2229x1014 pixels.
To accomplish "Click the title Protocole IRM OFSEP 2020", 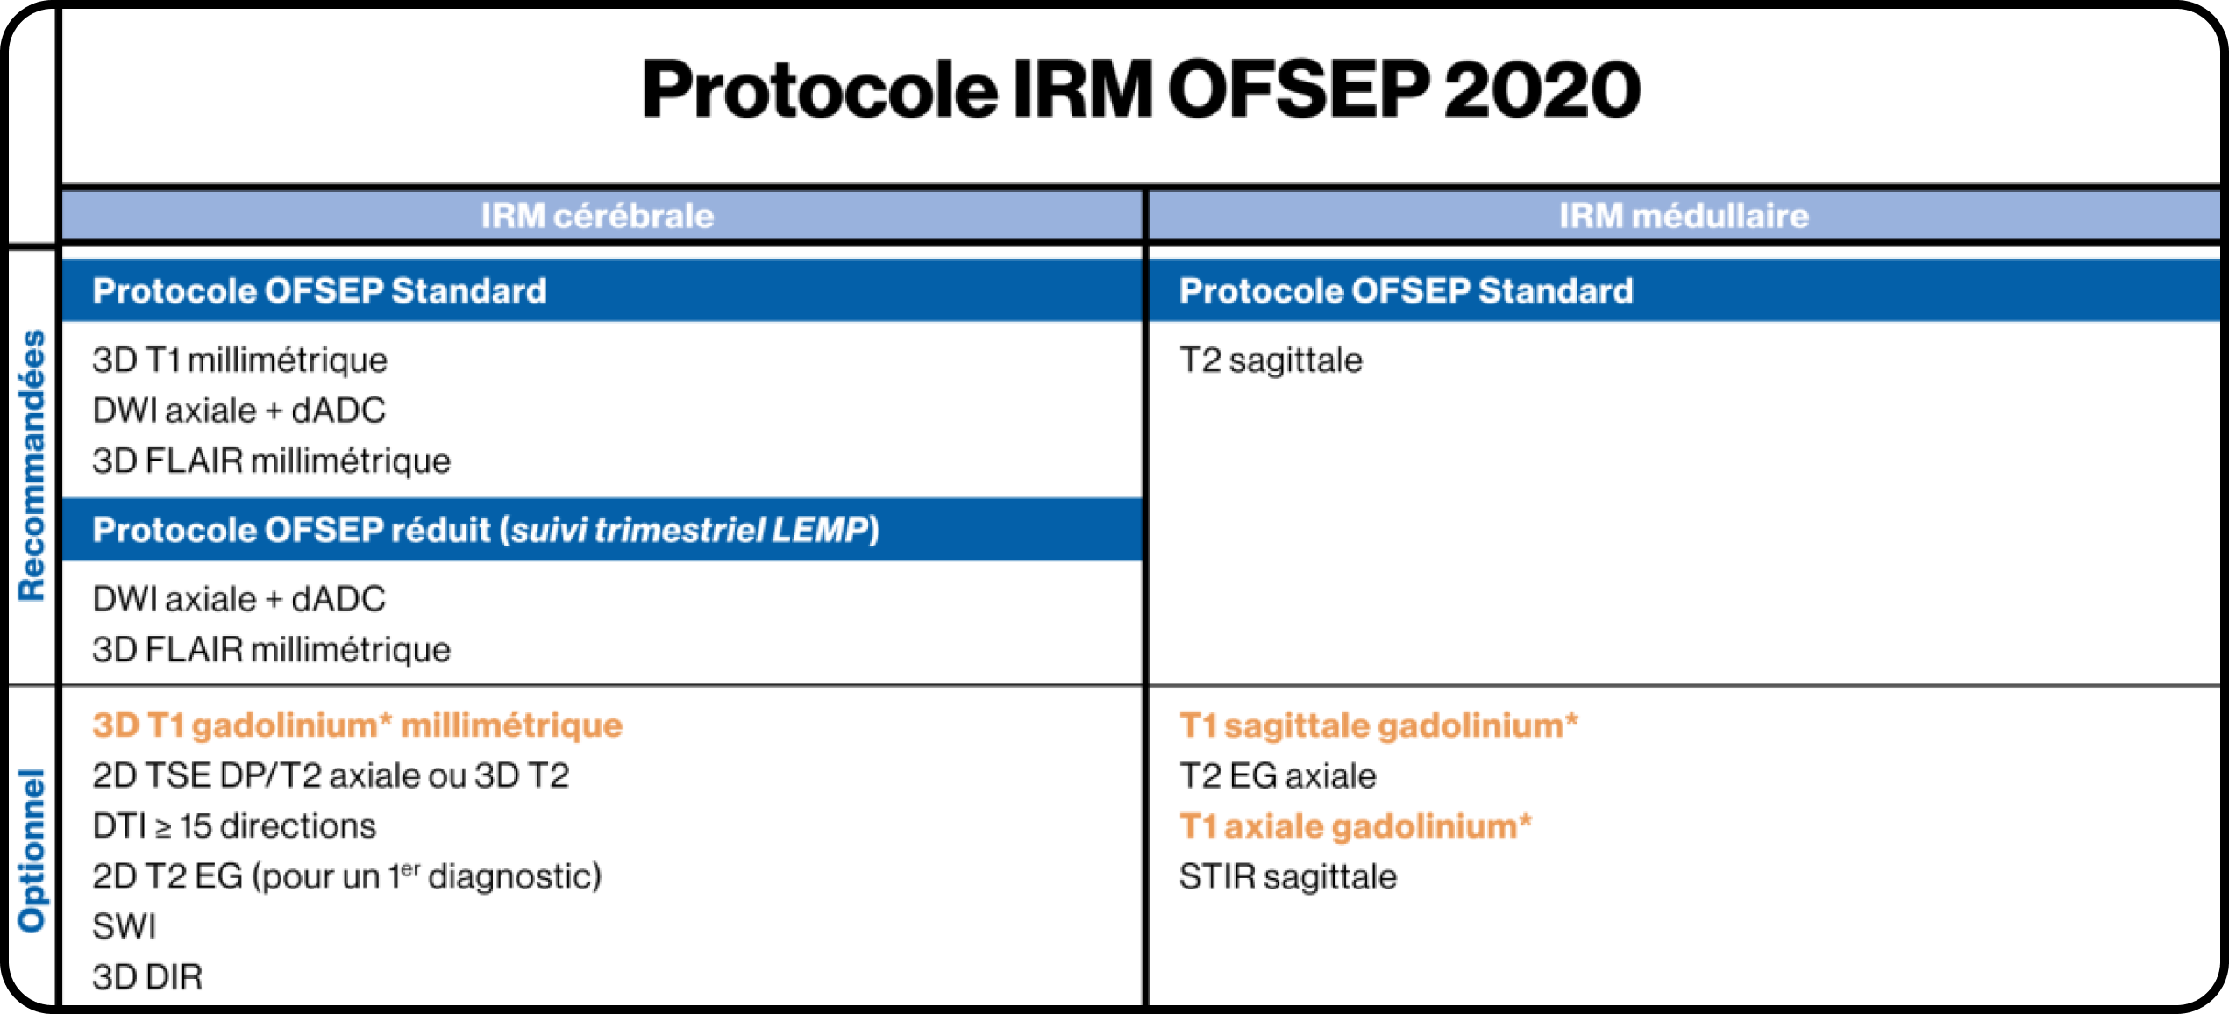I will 1141,90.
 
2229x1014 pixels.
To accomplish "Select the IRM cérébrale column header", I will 597,216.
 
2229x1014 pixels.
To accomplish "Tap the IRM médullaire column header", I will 1683,216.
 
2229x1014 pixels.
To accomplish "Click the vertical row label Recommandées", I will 32,465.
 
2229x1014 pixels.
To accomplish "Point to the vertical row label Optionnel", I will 32,850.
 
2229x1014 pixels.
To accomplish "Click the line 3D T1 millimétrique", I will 239,361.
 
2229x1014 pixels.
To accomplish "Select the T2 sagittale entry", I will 1271,361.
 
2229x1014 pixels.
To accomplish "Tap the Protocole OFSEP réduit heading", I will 485,530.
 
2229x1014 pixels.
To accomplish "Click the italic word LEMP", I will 819,530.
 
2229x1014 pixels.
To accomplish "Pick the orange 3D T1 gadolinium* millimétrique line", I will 357,725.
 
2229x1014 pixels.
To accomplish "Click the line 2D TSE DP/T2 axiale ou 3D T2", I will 331,775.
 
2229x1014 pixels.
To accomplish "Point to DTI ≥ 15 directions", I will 234,826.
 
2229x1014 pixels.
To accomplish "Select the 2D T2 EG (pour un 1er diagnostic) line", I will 346,876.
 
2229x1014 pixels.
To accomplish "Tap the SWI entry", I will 125,926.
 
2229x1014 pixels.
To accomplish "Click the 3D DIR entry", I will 147,977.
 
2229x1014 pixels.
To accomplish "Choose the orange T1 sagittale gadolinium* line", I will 1378,725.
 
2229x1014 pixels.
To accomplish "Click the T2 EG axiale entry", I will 1278,776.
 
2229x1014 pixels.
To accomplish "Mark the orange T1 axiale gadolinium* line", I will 1355,826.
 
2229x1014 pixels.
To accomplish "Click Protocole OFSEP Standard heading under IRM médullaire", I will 1406,291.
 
